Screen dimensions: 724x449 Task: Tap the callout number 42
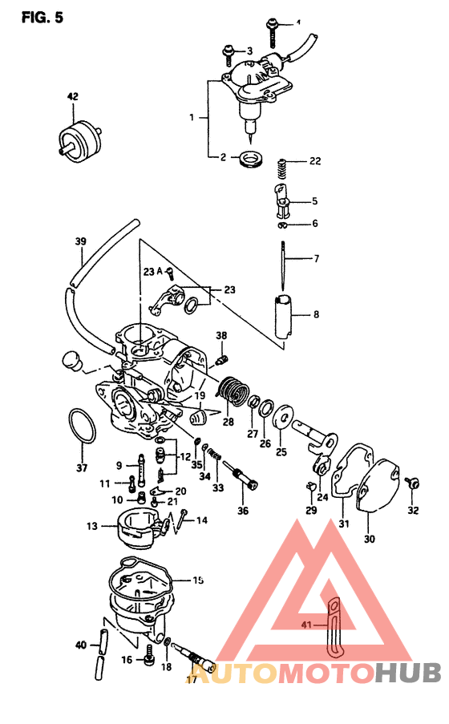point(72,96)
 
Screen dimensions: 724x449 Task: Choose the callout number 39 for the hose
point(80,241)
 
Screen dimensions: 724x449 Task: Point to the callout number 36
point(243,510)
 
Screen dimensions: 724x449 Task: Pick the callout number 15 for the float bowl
point(198,578)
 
